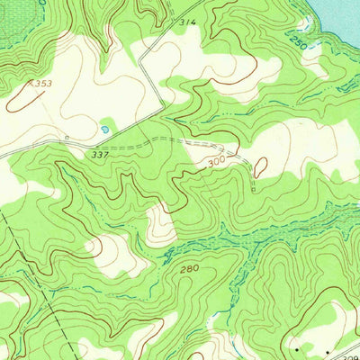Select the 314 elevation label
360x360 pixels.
[186, 21]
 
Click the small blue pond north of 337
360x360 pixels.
[106, 130]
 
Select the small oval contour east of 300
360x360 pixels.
[260, 166]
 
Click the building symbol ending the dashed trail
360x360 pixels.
[255, 190]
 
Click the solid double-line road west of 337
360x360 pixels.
[36, 149]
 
